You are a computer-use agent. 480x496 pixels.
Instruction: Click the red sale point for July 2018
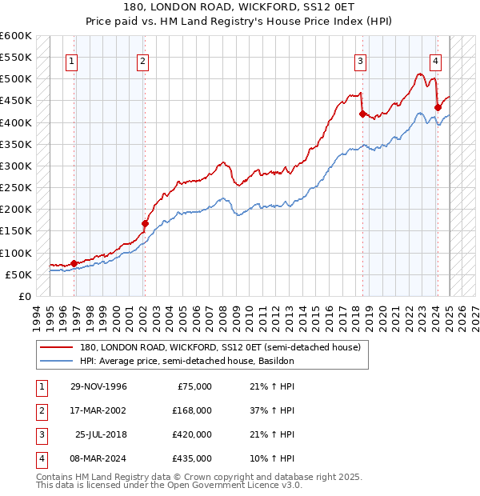[x=362, y=114]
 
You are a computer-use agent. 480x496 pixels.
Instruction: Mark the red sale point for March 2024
[x=438, y=107]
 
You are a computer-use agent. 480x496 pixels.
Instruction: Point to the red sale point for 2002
[x=145, y=223]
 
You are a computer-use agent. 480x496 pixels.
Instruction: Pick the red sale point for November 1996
[x=74, y=263]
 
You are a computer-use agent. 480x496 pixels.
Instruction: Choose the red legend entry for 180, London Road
[x=220, y=347]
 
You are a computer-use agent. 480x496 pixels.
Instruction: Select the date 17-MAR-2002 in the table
[x=98, y=410]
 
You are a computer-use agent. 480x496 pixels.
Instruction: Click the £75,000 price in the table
[x=192, y=386]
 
